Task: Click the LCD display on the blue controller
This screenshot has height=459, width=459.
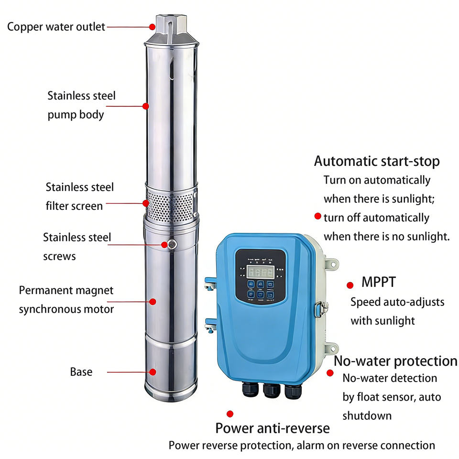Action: click(x=260, y=272)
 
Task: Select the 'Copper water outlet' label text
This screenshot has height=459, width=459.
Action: click(x=56, y=27)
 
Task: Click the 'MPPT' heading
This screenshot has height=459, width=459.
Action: click(x=379, y=282)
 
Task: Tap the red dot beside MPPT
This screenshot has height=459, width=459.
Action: click(x=350, y=285)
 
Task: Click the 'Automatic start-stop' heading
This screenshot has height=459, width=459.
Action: click(x=377, y=162)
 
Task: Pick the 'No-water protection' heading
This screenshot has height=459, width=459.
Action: click(x=395, y=361)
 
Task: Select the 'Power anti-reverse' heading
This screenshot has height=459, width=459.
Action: click(x=272, y=427)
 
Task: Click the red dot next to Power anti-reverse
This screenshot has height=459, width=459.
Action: click(x=230, y=414)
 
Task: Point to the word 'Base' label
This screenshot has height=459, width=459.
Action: click(x=81, y=372)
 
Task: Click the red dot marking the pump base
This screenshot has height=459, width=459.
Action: click(x=153, y=372)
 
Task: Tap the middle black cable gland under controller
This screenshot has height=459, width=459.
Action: click(x=272, y=390)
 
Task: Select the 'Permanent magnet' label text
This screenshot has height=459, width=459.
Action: click(x=66, y=290)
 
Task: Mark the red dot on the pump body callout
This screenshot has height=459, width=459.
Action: click(x=146, y=106)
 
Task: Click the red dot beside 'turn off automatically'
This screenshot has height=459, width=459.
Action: click(x=317, y=217)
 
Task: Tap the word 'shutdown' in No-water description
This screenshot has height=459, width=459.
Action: click(x=367, y=415)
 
